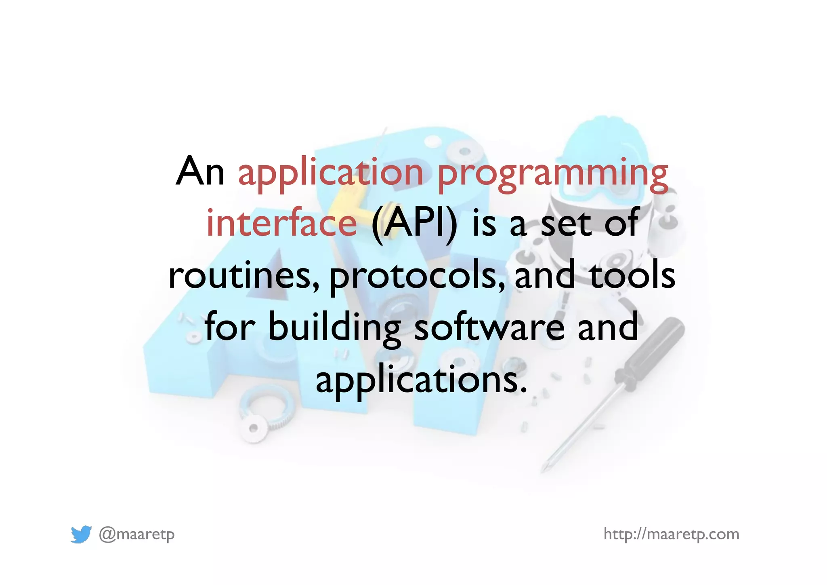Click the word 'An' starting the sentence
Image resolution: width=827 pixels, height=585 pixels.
pos(200,171)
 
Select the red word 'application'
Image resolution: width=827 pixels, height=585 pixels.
pos(331,174)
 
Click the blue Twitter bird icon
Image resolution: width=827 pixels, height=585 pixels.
pos(81,534)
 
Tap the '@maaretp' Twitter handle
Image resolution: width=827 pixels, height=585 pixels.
pos(137,534)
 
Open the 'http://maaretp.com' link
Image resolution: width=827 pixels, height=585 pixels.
pos(671,534)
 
